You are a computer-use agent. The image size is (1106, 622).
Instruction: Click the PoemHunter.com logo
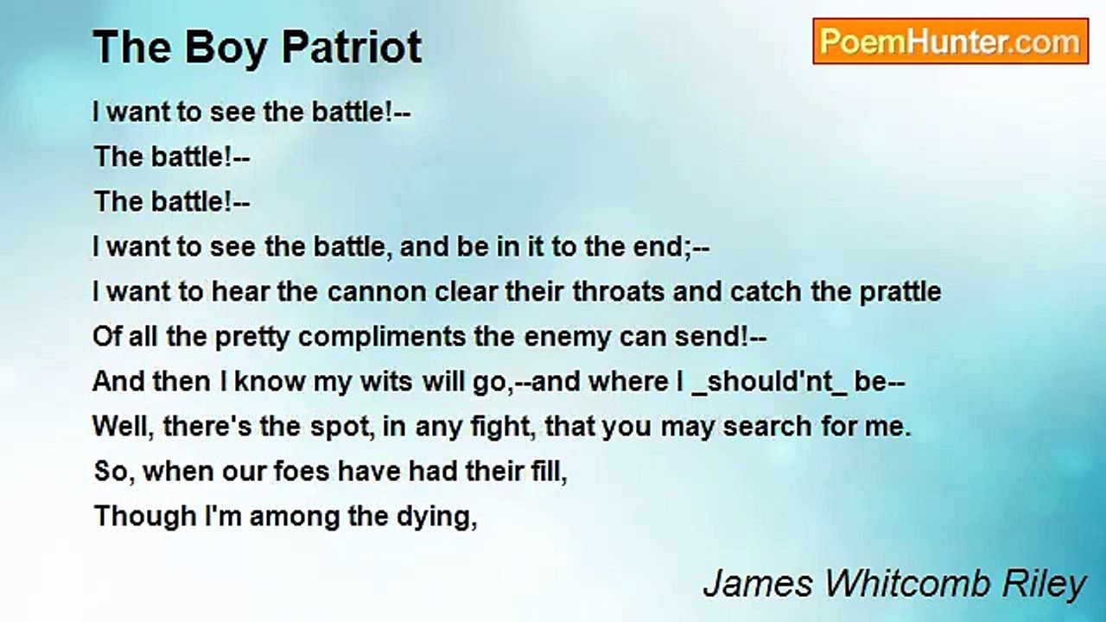950,41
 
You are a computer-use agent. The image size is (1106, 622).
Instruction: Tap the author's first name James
758,584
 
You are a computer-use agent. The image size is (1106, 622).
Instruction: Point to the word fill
548,472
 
